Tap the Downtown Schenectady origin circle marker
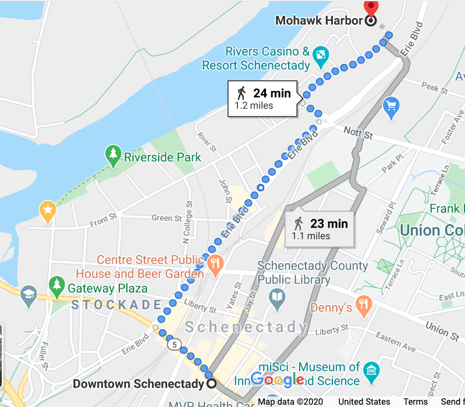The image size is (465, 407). click(x=211, y=384)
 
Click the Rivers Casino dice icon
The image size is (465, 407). click(x=320, y=56)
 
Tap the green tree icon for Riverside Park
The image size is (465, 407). click(x=112, y=155)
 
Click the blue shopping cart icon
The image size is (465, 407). click(x=391, y=106)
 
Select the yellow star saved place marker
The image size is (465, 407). click(x=47, y=209)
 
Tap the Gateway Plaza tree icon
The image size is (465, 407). click(x=56, y=285)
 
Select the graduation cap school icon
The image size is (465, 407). click(x=27, y=293)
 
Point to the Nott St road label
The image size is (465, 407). click(x=357, y=133)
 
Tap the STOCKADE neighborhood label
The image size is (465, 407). click(x=116, y=305)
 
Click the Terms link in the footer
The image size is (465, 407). click(x=416, y=402)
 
